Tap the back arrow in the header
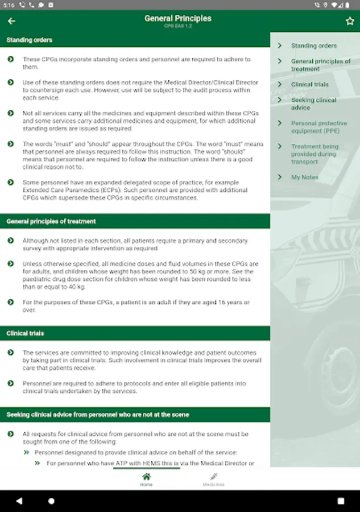[x=11, y=21]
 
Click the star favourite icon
[x=350, y=21]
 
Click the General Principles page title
[x=178, y=19]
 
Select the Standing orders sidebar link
[x=314, y=46]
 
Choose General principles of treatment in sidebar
[x=321, y=65]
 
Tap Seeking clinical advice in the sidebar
[x=314, y=104]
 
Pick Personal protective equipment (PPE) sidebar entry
[x=319, y=127]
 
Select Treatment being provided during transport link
[x=315, y=154]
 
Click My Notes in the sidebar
[x=305, y=177]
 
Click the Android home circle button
[x=52, y=501]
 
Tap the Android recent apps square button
[x=341, y=501]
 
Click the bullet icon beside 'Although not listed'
[x=11, y=241]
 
